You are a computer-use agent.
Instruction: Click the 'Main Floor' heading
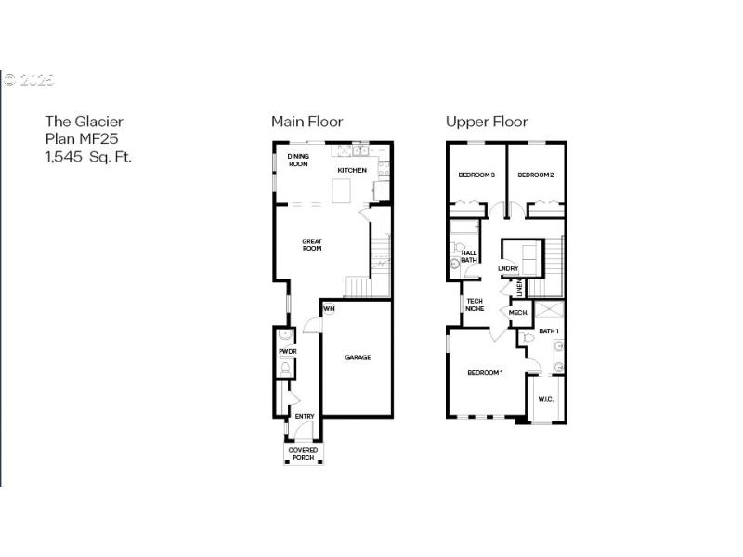pos(306,122)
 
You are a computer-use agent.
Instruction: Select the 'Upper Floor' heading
pos(487,122)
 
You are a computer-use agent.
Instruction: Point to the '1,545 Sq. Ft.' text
pos(89,156)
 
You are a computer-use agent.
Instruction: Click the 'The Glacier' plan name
pos(85,121)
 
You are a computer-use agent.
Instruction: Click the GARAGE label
pos(358,357)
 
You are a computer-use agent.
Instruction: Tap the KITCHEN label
pos(352,171)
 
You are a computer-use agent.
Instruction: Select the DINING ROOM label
pos(297,161)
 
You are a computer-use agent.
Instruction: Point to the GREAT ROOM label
pos(311,245)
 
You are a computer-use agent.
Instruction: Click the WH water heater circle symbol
pos(328,309)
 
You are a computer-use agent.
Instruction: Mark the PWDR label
pos(287,352)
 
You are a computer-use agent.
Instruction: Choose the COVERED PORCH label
pos(304,454)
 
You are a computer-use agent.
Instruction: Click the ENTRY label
pos(305,416)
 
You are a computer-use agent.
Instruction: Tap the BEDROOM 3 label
pos(476,175)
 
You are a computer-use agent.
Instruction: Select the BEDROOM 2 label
pos(536,175)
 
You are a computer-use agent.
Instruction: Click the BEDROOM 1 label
pos(485,373)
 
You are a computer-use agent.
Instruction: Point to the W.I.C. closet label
pos(545,400)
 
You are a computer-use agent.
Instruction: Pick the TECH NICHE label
pos(475,304)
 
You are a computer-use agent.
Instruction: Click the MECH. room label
pos(518,313)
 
